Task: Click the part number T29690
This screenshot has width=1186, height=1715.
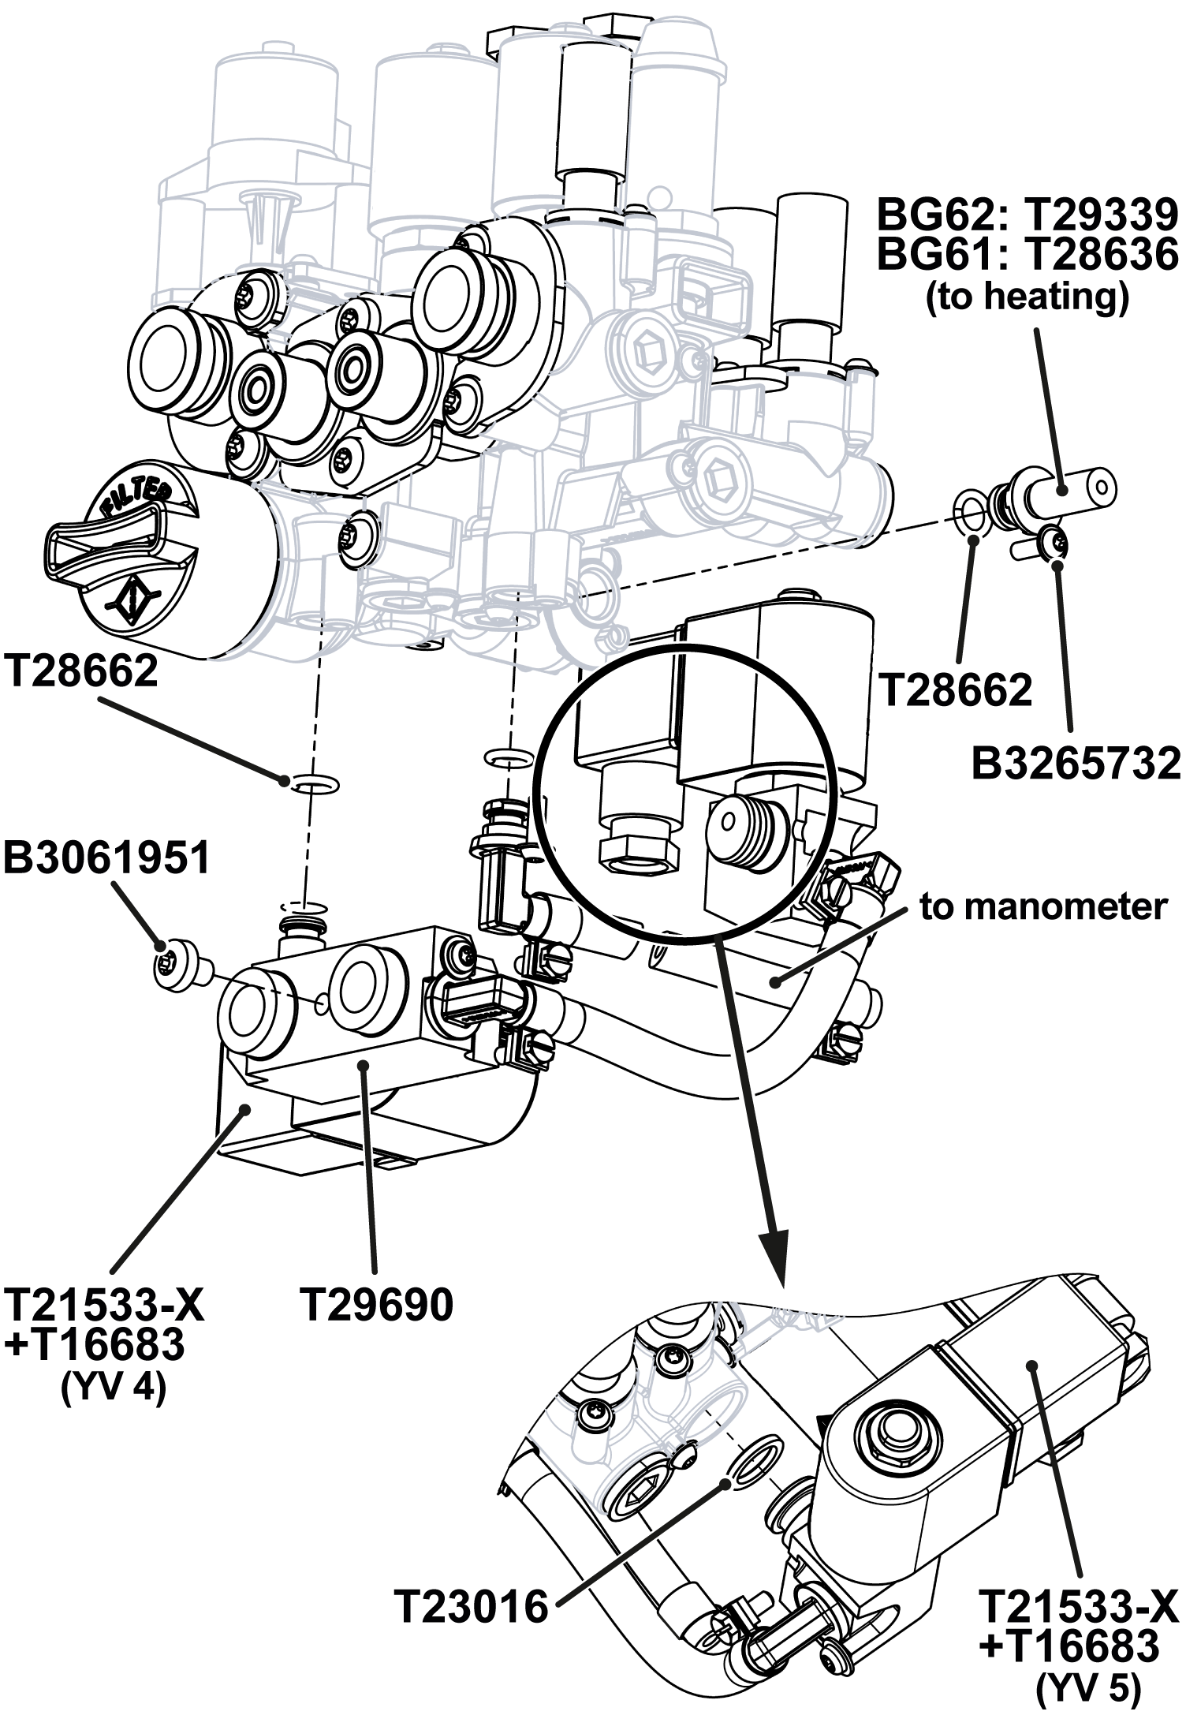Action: pos(377,1304)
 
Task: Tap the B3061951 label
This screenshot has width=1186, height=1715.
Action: pos(107,857)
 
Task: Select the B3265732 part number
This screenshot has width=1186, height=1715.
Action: pos(1076,763)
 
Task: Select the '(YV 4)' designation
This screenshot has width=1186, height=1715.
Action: pos(114,1388)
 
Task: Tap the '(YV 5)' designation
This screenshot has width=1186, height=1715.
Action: pos(1088,1687)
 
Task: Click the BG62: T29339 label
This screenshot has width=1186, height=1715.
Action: pos(1028,214)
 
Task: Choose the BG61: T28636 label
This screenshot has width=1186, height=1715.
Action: pos(1028,254)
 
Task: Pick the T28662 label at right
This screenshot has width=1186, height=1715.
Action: pos(955,690)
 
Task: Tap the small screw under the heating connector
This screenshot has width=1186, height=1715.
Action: pos(1054,543)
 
